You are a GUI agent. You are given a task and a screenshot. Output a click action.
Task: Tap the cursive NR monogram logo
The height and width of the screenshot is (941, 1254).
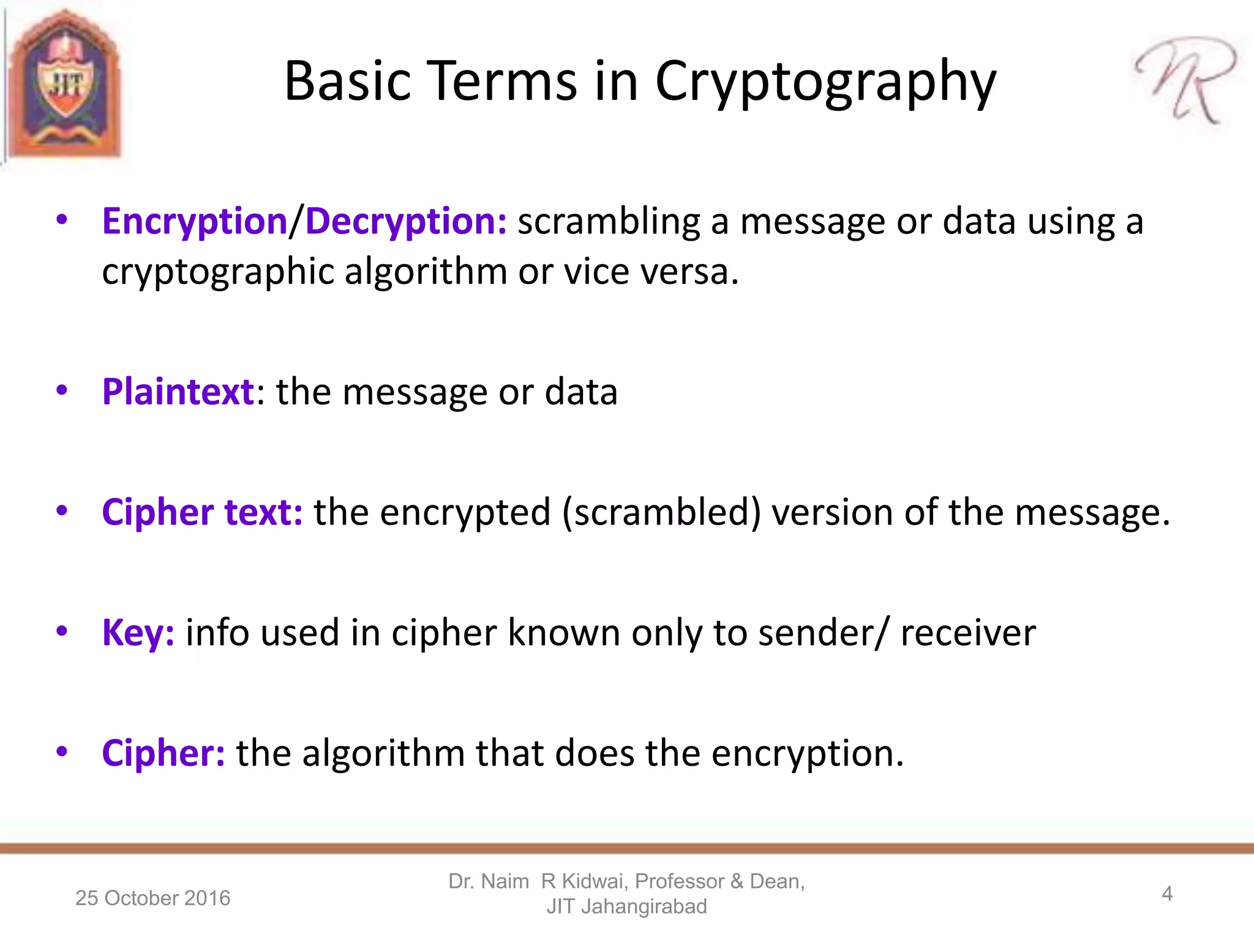pos(1185,80)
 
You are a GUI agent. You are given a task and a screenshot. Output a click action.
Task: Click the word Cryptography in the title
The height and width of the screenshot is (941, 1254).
pos(825,83)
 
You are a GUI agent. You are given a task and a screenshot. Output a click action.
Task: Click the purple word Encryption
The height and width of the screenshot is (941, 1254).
pos(194,222)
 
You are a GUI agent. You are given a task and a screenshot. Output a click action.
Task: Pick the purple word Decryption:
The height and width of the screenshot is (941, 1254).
pos(406,222)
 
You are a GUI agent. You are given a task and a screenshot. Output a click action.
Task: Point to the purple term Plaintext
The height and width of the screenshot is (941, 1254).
pos(178,392)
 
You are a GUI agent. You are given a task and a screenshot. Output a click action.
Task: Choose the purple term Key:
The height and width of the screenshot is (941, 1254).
pos(138,633)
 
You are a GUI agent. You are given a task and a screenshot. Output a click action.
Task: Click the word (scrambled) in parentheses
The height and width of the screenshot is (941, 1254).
pos(661,513)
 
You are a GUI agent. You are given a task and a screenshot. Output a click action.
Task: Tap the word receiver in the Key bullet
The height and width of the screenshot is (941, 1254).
pos(968,633)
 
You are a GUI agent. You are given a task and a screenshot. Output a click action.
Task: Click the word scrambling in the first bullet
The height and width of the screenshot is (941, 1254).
pos(609,222)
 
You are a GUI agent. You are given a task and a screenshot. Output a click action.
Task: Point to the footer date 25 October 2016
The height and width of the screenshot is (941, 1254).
pos(152,898)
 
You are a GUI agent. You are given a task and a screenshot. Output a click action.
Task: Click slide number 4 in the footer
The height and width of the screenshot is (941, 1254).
pos(1167,894)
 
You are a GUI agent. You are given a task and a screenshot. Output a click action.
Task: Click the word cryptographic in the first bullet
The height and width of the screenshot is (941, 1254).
pos(217,272)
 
